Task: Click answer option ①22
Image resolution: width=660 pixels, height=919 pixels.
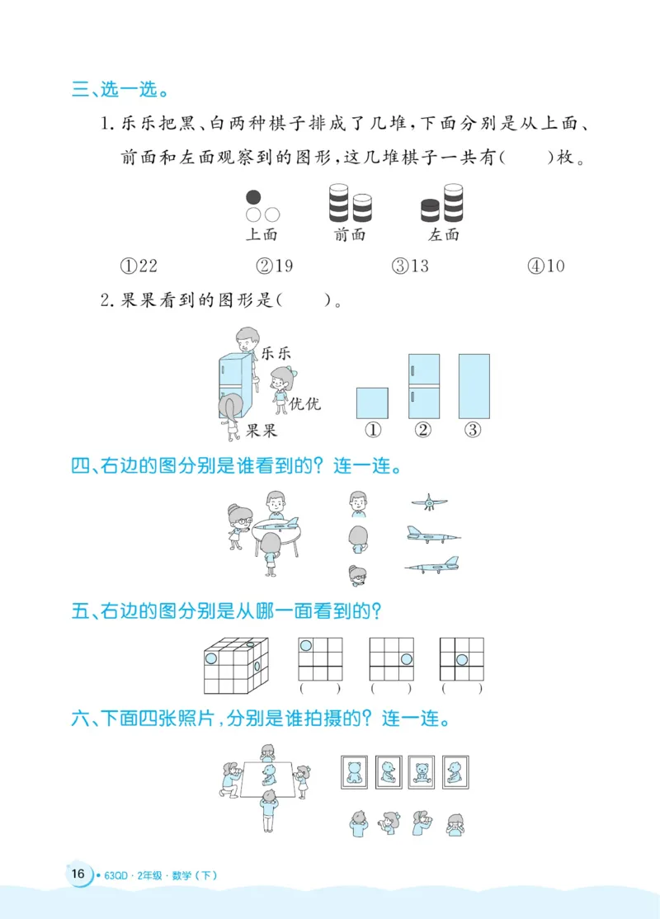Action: pos(139,266)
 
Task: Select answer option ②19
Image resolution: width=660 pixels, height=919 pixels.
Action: pos(275,266)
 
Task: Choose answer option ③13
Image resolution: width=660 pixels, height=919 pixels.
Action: pos(410,266)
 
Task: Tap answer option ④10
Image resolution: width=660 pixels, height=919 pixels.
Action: pos(546,266)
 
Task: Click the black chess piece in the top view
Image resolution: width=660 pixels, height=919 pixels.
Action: pos(254,197)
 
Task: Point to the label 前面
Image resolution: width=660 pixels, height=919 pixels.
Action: pos(350,234)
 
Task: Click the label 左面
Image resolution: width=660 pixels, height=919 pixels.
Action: pos(444,234)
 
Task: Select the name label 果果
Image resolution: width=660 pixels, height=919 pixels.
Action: pos(262,430)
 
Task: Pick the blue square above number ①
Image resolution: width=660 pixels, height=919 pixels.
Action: pos(372,403)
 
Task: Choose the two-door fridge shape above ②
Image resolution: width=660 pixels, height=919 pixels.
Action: pos(424,386)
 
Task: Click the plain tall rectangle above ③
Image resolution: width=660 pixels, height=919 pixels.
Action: pos(474,386)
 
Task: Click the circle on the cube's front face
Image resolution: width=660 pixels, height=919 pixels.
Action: pos(211,659)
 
